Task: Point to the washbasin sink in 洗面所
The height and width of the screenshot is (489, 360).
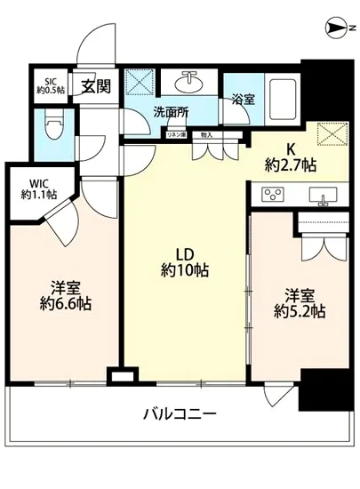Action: tap(188, 82)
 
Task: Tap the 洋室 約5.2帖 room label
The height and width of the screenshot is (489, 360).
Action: tap(299, 303)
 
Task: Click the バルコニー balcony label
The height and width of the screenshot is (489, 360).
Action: tap(179, 414)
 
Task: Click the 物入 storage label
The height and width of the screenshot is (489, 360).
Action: tap(206, 134)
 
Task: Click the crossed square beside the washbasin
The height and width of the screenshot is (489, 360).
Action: tap(140, 82)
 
